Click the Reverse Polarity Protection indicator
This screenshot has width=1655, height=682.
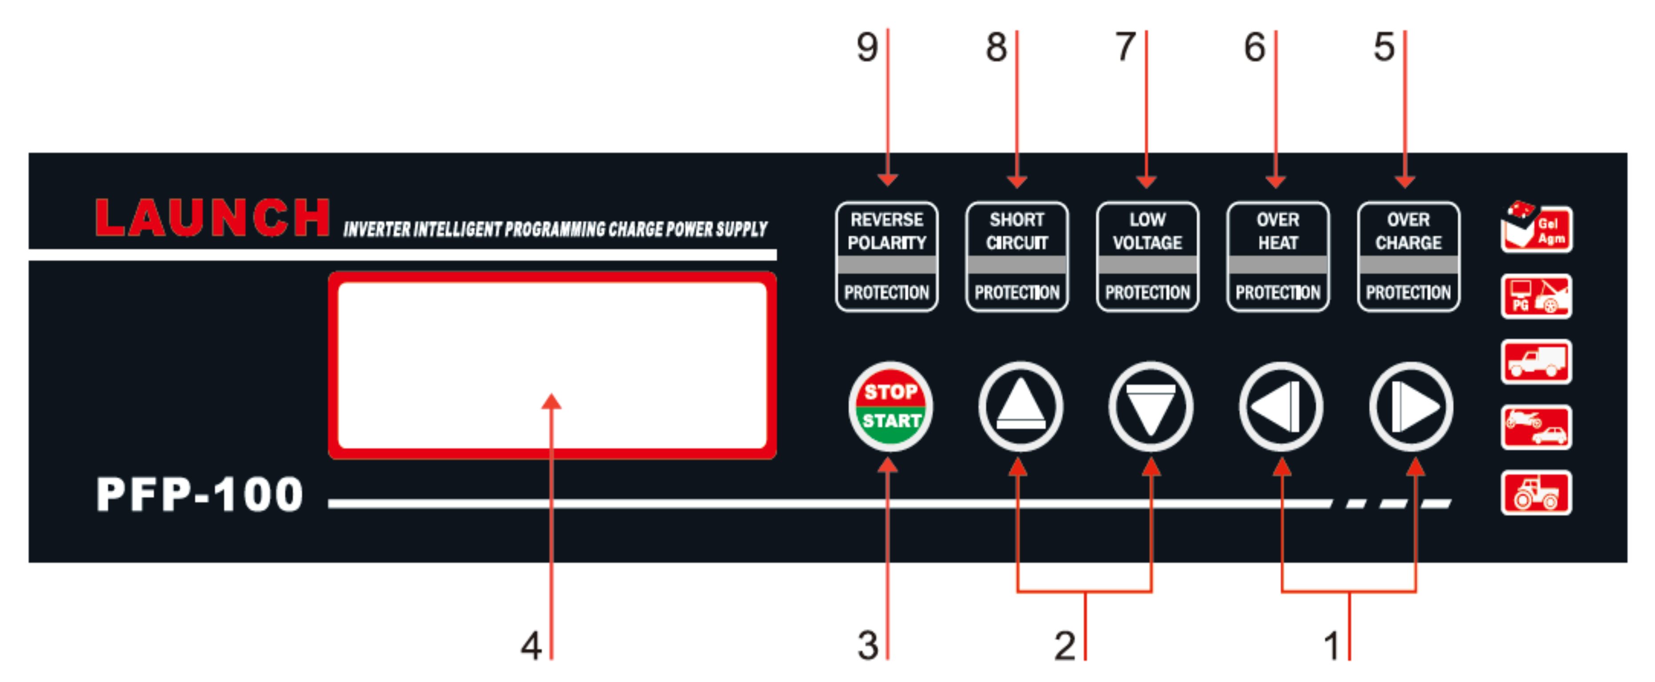point(887,257)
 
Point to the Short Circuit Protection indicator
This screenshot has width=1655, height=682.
point(1017,257)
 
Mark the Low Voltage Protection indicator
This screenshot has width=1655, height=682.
point(1148,257)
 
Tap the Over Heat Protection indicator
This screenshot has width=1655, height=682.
point(1278,257)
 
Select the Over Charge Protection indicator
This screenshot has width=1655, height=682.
point(1408,257)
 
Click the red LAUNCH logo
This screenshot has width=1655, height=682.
point(212,218)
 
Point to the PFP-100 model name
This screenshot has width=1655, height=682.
point(199,495)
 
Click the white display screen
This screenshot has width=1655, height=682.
point(553,365)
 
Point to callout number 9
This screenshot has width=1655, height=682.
point(867,48)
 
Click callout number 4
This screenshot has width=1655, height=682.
point(530,646)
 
